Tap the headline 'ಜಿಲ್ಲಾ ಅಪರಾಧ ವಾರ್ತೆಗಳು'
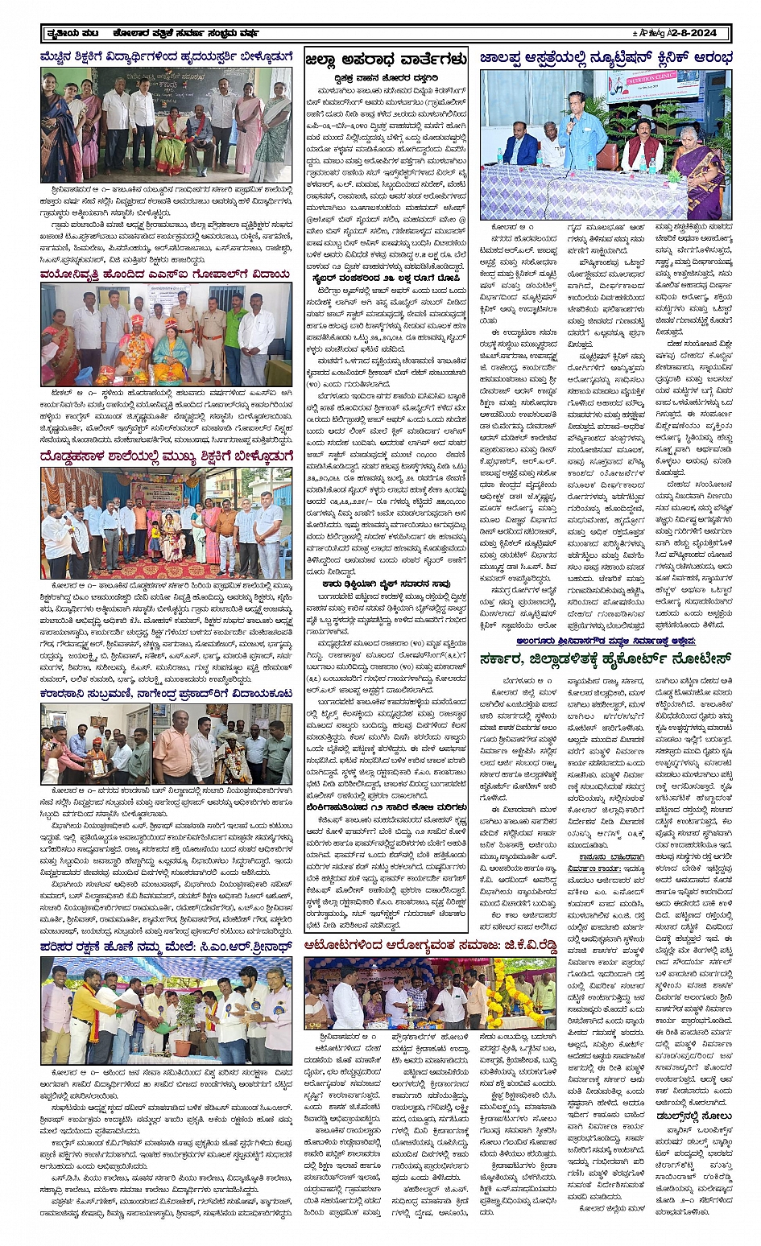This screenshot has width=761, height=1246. point(386,59)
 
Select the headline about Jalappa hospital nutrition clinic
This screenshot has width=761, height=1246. point(606,58)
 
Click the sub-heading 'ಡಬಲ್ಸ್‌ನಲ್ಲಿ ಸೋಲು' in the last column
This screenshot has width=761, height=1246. point(682,1116)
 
